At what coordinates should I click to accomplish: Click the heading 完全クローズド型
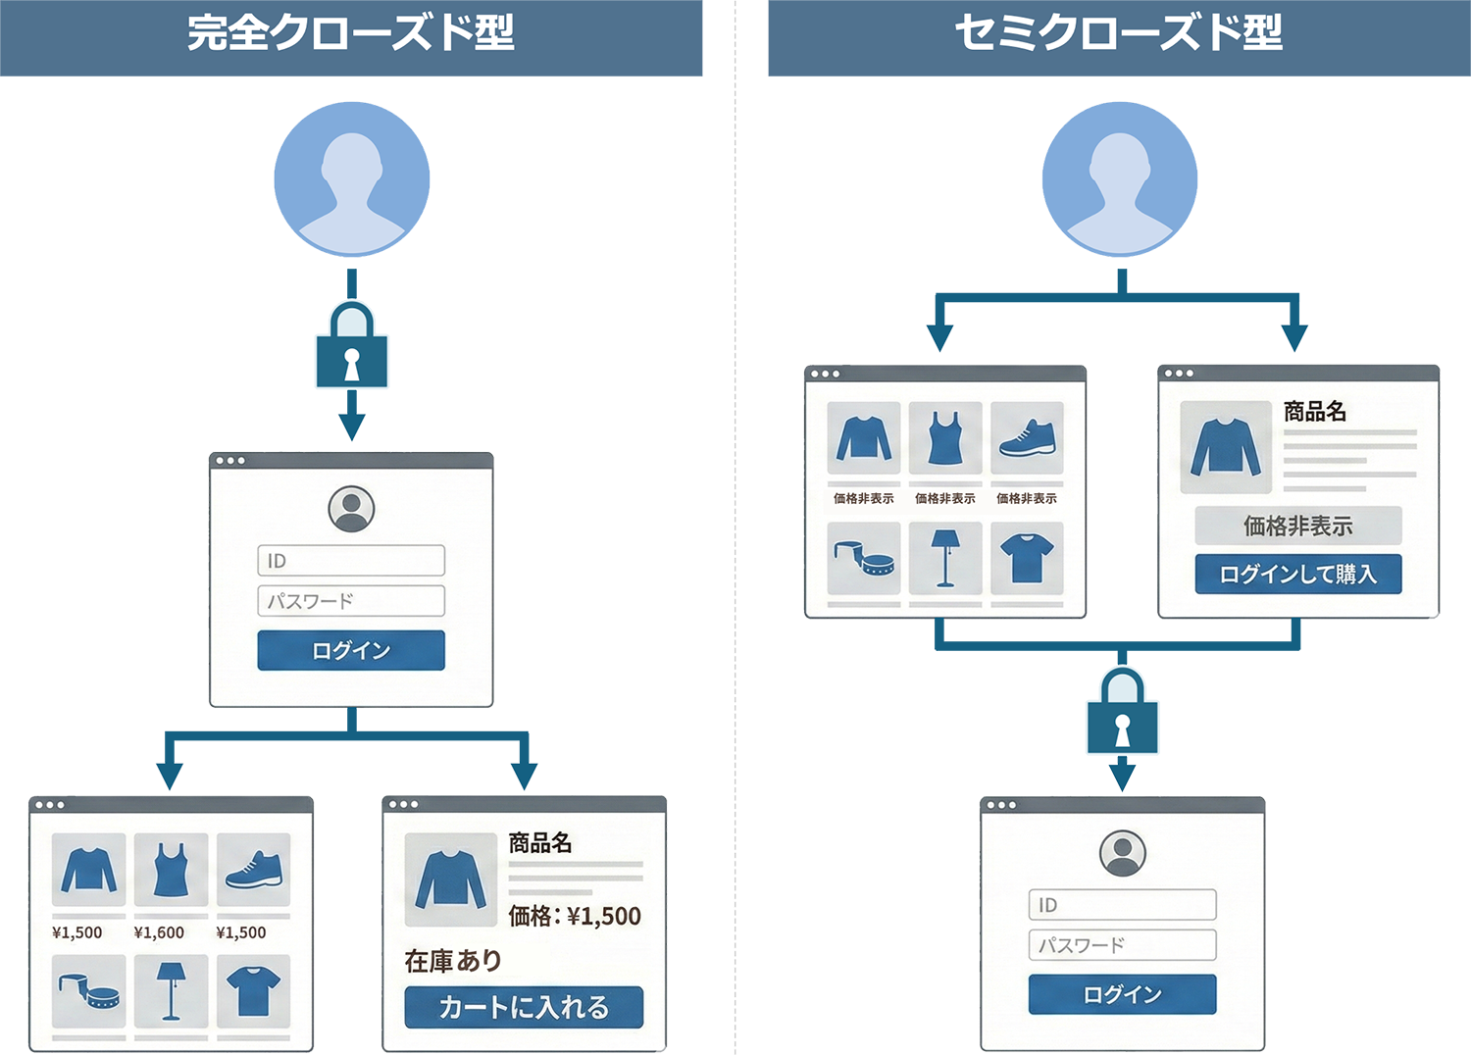(351, 32)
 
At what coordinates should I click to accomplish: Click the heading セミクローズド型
(1118, 32)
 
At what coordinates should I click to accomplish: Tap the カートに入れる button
(524, 1007)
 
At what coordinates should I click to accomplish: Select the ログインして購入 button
(1297, 574)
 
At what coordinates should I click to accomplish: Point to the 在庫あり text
(453, 961)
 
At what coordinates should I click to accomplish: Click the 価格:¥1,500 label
(575, 916)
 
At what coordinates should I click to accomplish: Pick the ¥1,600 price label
(159, 932)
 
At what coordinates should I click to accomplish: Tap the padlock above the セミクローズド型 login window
(1122, 711)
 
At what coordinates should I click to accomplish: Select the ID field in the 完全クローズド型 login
(350, 561)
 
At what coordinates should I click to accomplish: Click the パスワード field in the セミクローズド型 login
(1122, 945)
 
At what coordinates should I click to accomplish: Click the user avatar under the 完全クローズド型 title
(351, 179)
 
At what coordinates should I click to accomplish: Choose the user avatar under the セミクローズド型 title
(1120, 179)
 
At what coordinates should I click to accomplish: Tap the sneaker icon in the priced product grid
(253, 870)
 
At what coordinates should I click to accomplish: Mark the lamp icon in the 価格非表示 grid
(945, 558)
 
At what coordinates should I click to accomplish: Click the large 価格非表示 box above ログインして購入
(1297, 526)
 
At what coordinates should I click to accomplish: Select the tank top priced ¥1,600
(171, 870)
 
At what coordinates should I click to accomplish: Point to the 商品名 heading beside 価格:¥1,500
(540, 842)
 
